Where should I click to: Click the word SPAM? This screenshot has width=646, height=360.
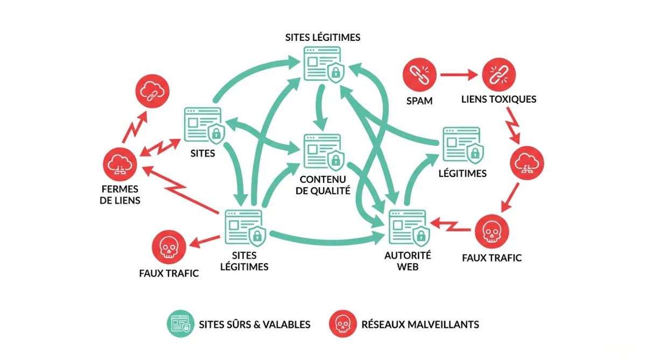click(419, 100)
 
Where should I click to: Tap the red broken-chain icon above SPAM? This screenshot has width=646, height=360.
click(419, 75)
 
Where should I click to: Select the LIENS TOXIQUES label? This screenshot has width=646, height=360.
click(498, 100)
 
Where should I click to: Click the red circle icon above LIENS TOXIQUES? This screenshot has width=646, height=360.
click(498, 75)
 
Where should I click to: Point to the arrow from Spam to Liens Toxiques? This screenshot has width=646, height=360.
click(459, 75)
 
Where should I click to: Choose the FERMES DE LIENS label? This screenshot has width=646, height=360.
click(121, 195)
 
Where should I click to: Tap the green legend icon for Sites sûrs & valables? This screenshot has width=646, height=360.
click(180, 324)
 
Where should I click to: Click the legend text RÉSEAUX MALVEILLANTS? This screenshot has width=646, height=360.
click(420, 324)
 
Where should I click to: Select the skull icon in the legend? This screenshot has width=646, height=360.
click(341, 324)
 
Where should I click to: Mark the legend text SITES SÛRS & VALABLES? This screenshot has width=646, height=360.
click(255, 324)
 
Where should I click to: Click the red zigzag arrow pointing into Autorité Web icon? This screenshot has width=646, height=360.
click(452, 224)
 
